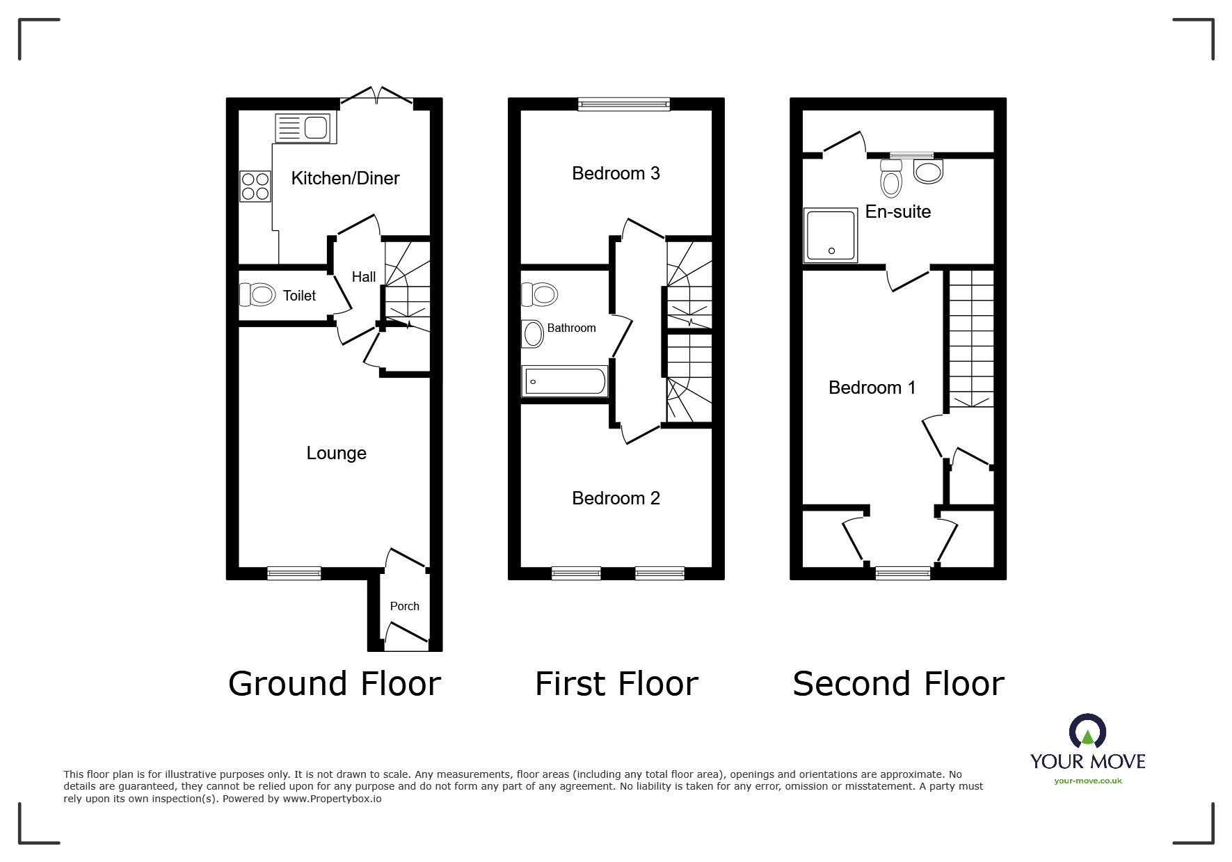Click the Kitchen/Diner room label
[345, 178]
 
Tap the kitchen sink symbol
[305, 128]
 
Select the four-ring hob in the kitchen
[255, 186]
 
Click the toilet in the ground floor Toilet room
[257, 295]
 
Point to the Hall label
[364, 277]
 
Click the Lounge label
[336, 453]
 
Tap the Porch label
[404, 606]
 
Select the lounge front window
[294, 573]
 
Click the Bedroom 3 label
[616, 173]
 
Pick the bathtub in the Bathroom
[566, 382]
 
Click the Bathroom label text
[571, 328]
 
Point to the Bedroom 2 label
[616, 498]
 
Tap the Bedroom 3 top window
[624, 104]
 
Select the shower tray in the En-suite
[831, 235]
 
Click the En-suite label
[897, 211]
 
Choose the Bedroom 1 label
[872, 388]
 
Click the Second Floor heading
[898, 684]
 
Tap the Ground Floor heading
[335, 684]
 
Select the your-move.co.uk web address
[1087, 781]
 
